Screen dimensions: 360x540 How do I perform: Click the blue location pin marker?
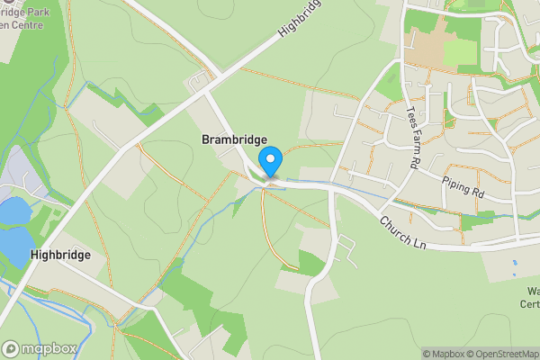coord(270,163)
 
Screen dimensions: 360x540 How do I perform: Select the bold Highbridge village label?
coord(60,255)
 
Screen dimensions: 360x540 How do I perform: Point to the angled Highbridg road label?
coord(299,19)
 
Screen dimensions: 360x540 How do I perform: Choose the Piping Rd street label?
coord(463,186)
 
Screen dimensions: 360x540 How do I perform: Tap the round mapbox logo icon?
coord(11,349)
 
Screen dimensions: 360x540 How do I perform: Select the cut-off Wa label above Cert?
coord(533,291)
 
